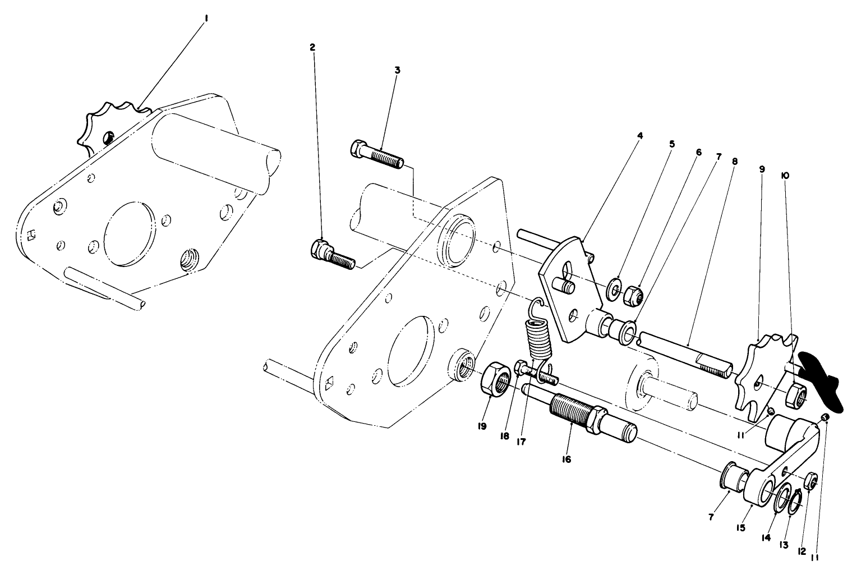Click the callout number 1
click(206, 19)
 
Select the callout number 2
click(312, 48)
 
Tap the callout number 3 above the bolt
click(397, 71)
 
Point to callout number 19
click(482, 426)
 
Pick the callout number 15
click(741, 527)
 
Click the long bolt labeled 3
click(376, 155)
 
